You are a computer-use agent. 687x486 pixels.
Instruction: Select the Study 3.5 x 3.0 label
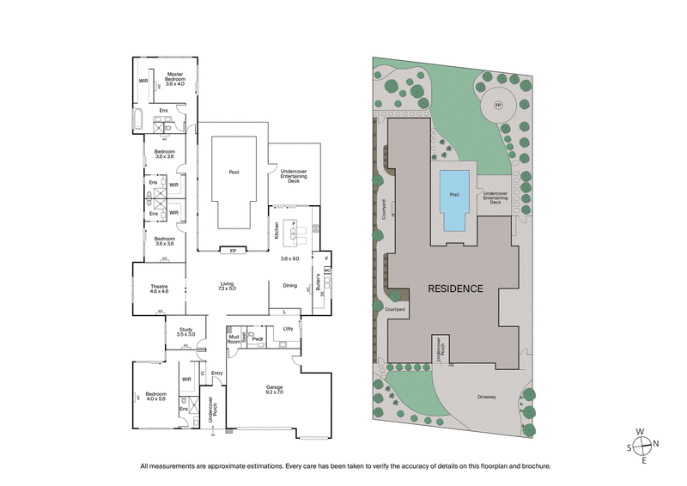click(x=186, y=331)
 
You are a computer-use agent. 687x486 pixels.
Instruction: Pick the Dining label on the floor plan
click(x=289, y=286)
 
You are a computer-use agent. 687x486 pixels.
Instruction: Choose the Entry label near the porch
click(x=216, y=373)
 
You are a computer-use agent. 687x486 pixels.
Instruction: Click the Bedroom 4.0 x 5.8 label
click(x=156, y=395)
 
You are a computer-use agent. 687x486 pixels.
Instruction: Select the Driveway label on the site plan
click(x=492, y=397)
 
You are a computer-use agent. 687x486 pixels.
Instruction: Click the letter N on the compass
click(x=656, y=444)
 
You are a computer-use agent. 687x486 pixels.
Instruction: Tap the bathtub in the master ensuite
click(x=138, y=120)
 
